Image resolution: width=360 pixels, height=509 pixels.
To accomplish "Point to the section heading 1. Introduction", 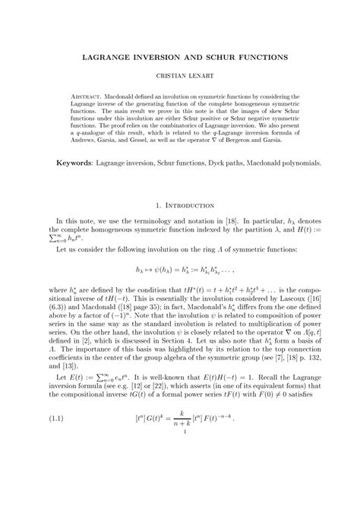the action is [x=179, y=206].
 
